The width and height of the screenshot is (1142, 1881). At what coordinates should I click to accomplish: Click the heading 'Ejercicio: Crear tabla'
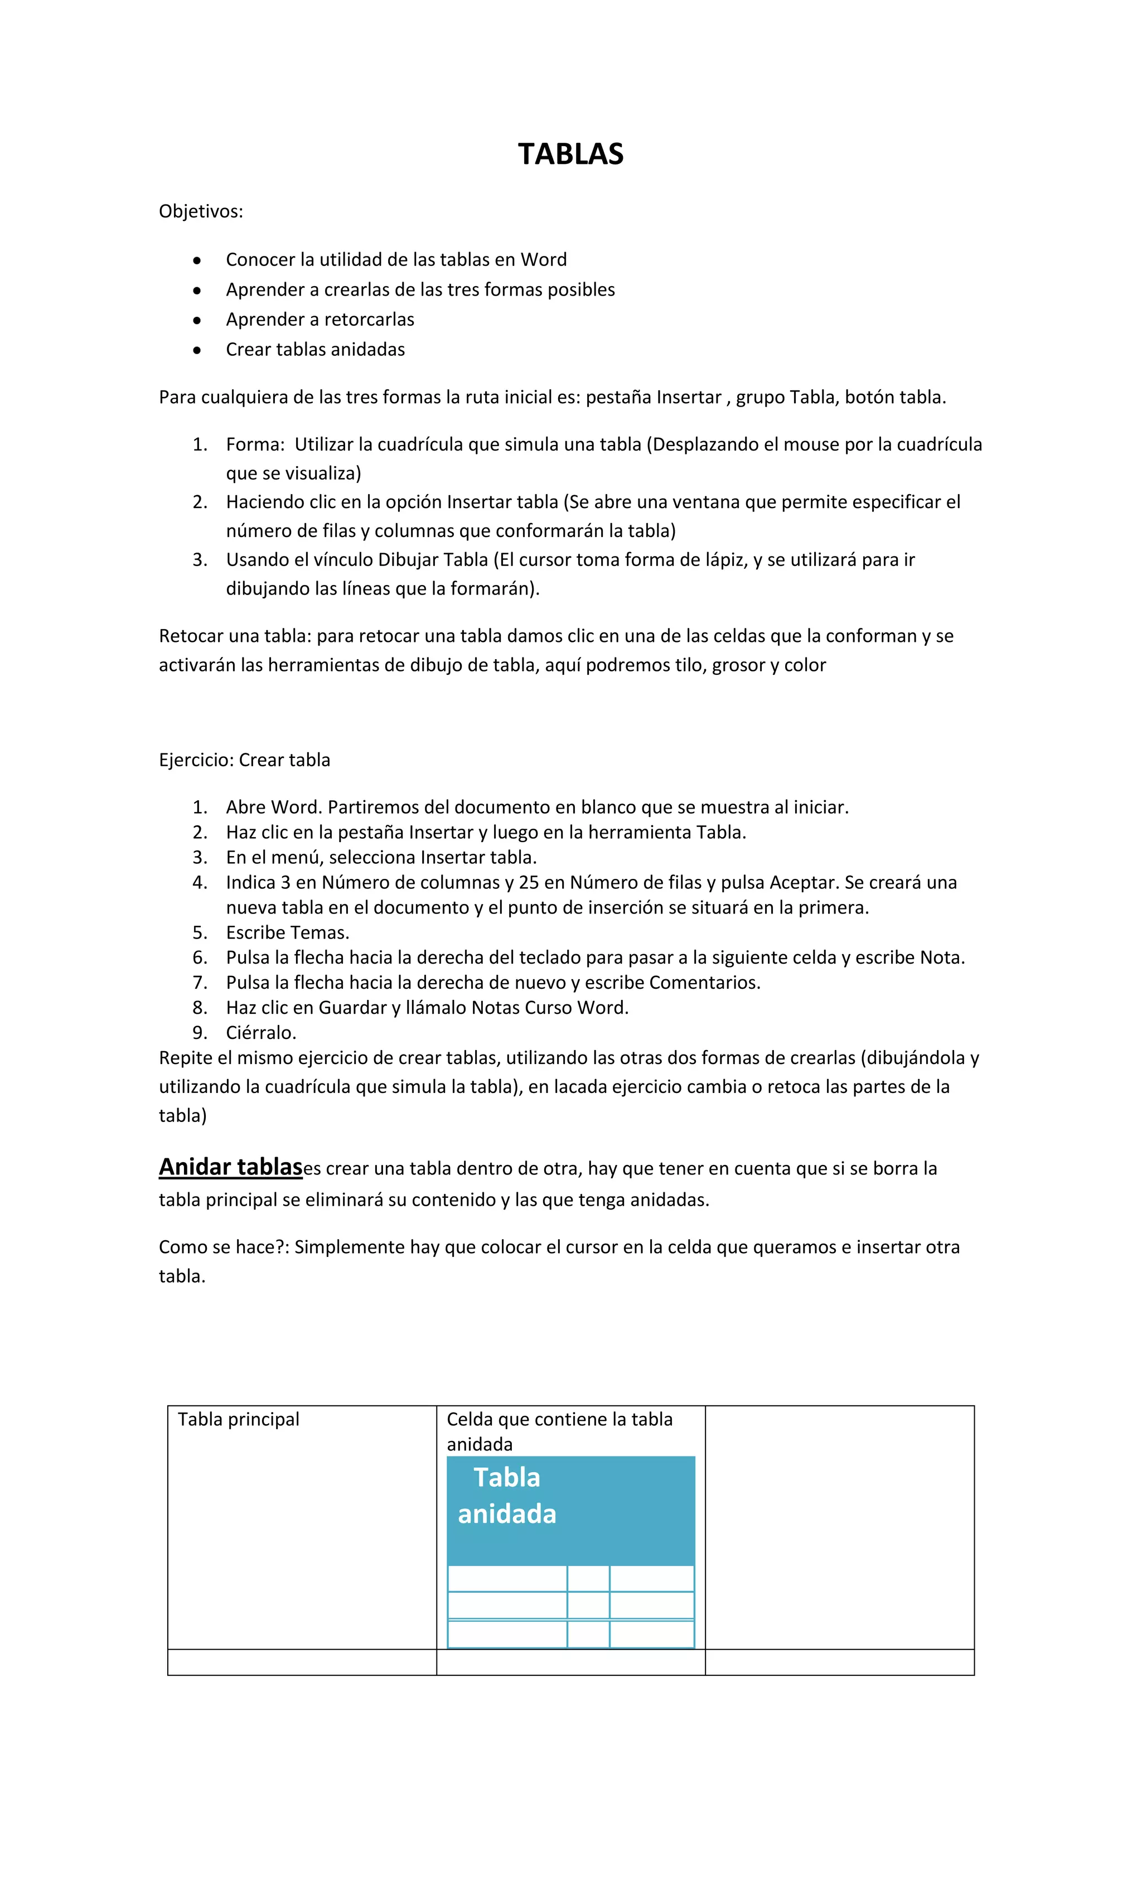pyautogui.click(x=244, y=760)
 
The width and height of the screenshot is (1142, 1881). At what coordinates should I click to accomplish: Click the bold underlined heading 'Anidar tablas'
pyautogui.click(x=230, y=1167)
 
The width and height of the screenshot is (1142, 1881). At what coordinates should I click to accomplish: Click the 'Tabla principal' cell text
pyautogui.click(x=238, y=1419)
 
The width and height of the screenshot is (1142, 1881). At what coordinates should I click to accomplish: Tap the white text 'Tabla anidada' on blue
pyautogui.click(x=506, y=1496)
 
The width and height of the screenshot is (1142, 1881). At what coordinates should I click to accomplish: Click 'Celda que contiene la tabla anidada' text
pyautogui.click(x=559, y=1432)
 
